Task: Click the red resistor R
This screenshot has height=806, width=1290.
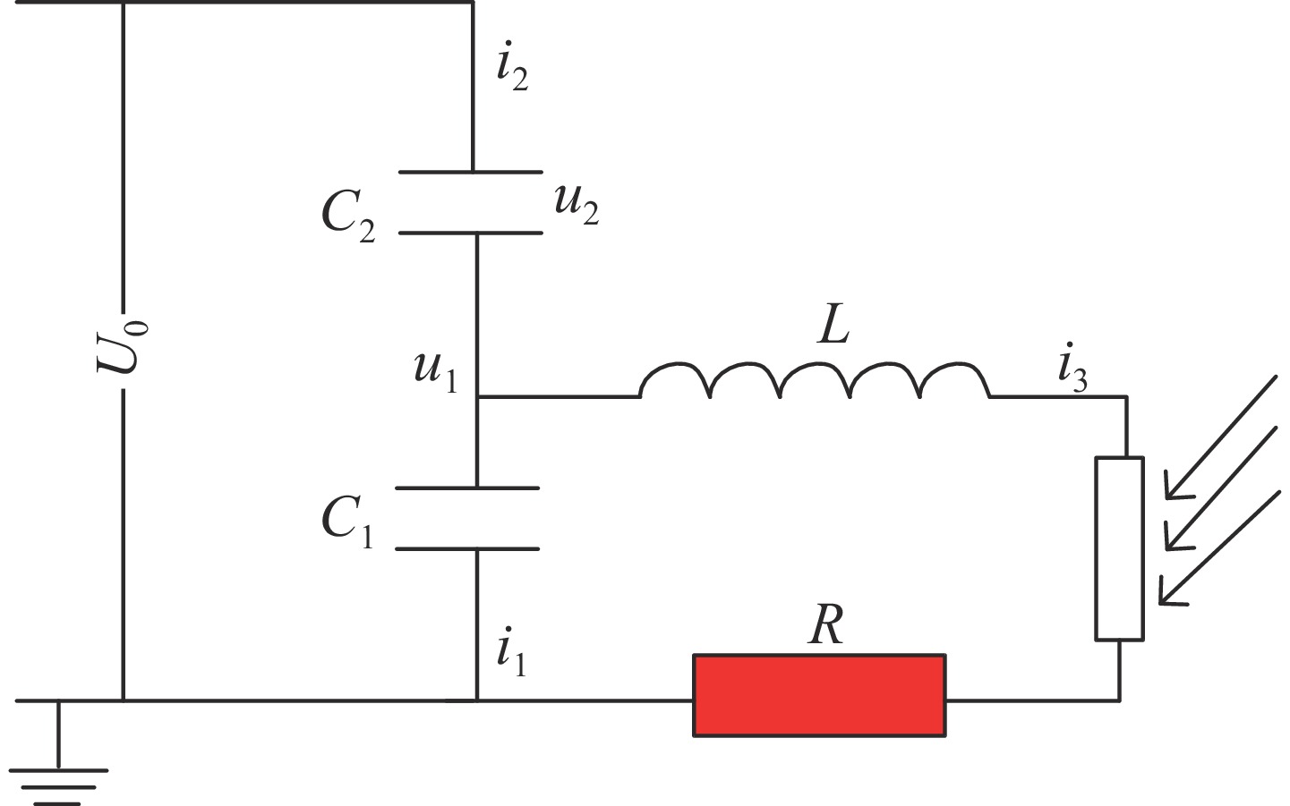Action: pos(819,695)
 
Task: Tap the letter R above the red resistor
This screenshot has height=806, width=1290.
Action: pos(825,625)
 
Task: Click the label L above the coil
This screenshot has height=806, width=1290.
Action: pos(833,328)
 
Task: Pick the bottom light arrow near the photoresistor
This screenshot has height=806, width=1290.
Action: pos(1217,549)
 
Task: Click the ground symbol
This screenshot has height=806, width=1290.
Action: pos(59,775)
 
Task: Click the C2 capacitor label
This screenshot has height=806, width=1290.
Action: pos(347,216)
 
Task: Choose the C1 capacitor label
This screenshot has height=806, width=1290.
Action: pos(347,520)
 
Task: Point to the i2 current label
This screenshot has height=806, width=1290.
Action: pos(512,69)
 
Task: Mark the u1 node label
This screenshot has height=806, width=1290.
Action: pos(435,371)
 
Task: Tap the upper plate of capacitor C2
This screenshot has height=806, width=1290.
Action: pos(471,171)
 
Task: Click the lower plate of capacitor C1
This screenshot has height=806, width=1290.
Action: pos(467,548)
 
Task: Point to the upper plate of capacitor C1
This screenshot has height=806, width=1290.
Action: pos(467,488)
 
